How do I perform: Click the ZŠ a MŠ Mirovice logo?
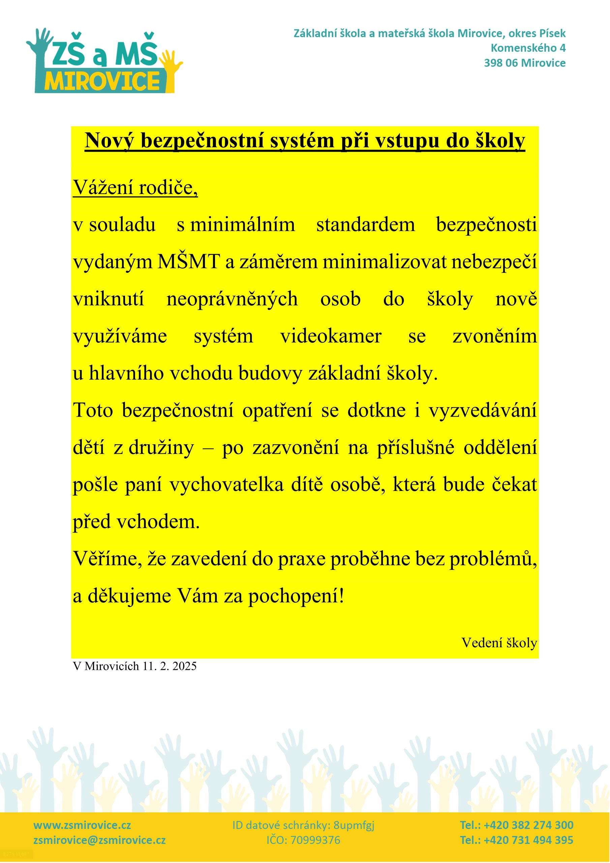click(x=104, y=61)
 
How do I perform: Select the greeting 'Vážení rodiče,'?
click(x=135, y=187)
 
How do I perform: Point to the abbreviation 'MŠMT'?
click(x=189, y=262)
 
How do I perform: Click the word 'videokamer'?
click(x=331, y=336)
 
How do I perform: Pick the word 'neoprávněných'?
click(x=232, y=299)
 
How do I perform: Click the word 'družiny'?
click(x=161, y=448)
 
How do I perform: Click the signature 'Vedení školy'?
click(x=499, y=643)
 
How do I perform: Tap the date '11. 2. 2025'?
click(x=169, y=666)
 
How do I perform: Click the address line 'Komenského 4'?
click(x=528, y=48)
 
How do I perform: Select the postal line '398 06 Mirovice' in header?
click(x=525, y=63)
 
